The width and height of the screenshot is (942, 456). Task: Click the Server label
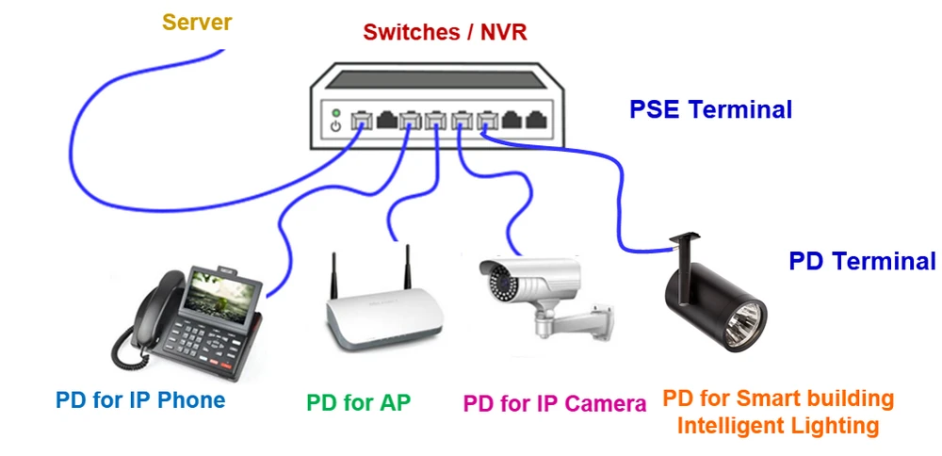click(x=197, y=21)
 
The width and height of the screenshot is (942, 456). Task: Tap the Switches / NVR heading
click(x=445, y=33)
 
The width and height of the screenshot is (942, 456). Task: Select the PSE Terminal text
click(x=710, y=109)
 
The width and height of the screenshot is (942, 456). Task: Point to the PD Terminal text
click(x=862, y=261)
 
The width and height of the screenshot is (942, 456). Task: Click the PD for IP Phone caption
click(x=140, y=399)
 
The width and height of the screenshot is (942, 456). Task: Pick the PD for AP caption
click(x=358, y=402)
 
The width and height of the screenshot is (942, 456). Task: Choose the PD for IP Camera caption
click(x=555, y=403)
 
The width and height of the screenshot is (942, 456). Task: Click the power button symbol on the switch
click(x=334, y=126)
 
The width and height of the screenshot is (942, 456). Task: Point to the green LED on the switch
click(x=334, y=112)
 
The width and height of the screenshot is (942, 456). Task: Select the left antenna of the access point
click(x=333, y=274)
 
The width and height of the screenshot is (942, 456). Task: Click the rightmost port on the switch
click(x=536, y=121)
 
